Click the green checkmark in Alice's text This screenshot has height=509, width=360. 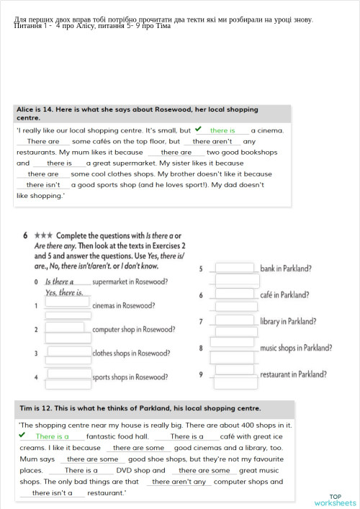tap(198, 130)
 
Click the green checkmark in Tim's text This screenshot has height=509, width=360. tap(22, 435)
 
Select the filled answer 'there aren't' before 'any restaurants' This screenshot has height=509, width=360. tap(212, 142)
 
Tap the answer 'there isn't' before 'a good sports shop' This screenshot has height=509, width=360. tap(43, 185)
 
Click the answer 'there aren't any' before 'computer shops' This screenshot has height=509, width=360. tap(179, 482)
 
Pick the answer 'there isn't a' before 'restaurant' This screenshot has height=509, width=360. tap(52, 493)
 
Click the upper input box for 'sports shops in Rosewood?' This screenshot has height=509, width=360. tap(68, 374)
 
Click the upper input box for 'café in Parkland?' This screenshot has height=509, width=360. tap(235, 292)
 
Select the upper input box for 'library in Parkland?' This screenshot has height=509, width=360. tap(235, 319)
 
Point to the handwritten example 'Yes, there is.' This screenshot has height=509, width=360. tap(63, 293)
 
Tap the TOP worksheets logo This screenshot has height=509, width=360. tap(335, 500)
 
